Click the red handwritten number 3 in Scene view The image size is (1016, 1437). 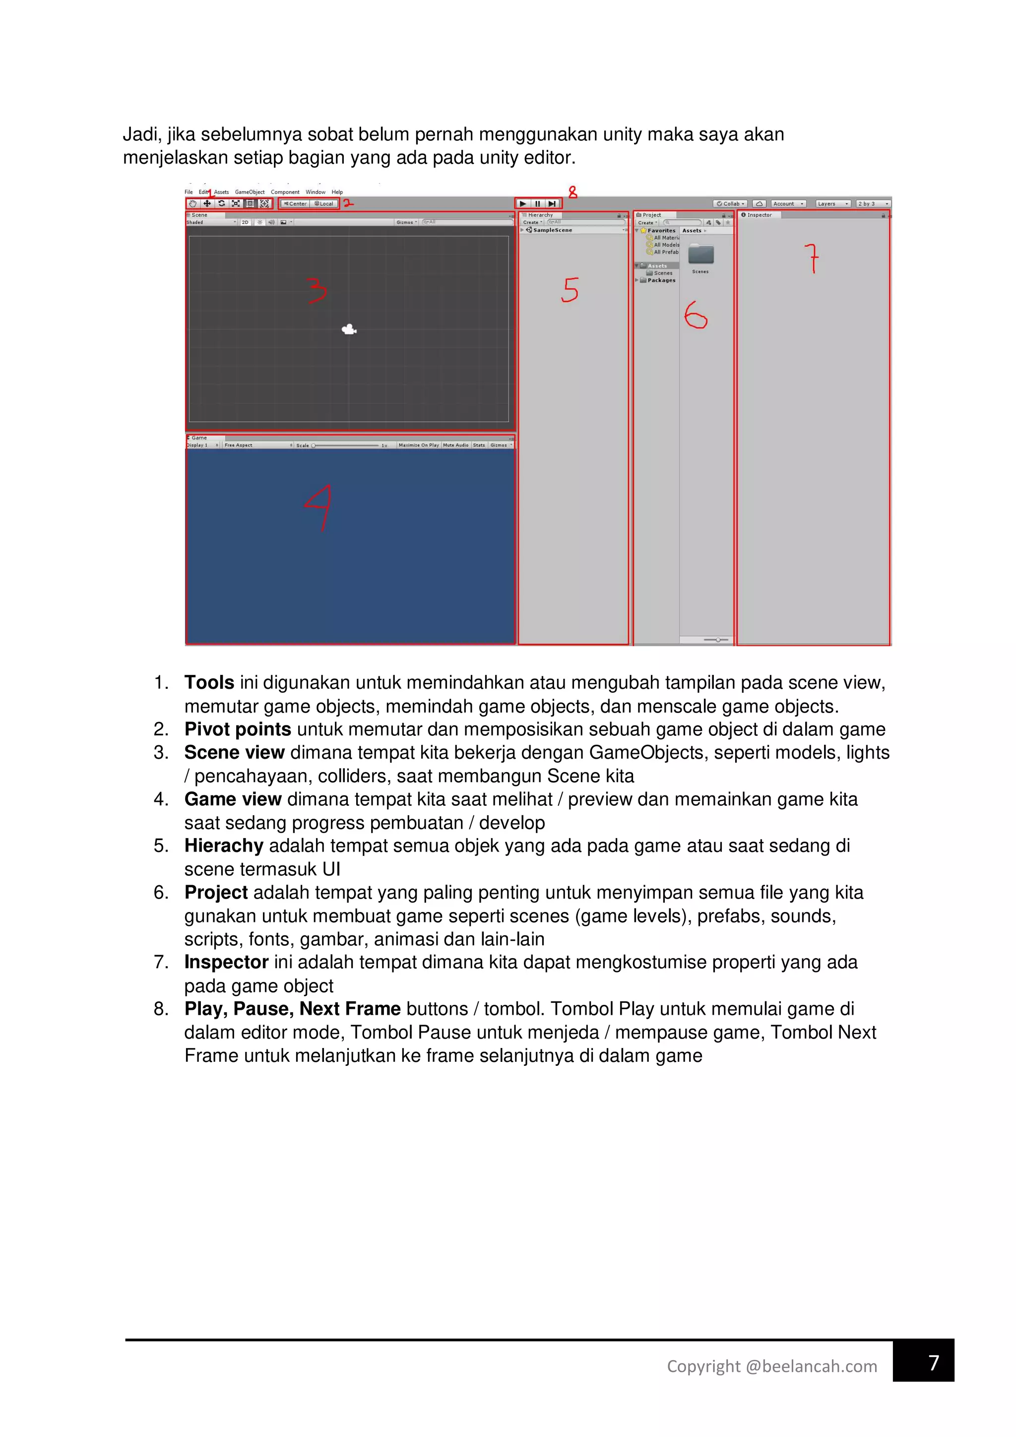click(x=317, y=291)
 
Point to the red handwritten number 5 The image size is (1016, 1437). click(x=570, y=290)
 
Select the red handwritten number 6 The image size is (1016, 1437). click(x=695, y=315)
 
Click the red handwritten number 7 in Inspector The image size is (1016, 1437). click(x=812, y=258)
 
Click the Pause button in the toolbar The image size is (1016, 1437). click(x=537, y=203)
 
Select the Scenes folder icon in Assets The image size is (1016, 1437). click(x=700, y=255)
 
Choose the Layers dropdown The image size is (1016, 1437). click(x=832, y=203)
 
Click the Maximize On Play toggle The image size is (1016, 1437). click(x=419, y=445)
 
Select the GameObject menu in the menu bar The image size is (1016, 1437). click(x=250, y=192)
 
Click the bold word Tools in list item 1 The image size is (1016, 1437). click(x=209, y=683)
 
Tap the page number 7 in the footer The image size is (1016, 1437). click(x=934, y=1363)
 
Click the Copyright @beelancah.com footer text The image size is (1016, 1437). click(x=771, y=1366)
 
